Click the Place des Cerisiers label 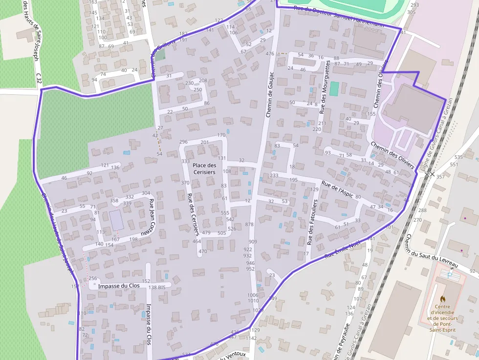click(x=204, y=169)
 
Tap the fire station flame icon click(x=443, y=297)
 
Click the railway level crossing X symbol click(x=430, y=173)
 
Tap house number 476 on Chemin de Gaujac click(x=270, y=54)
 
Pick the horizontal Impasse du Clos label click(x=119, y=286)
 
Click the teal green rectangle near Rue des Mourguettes click(x=334, y=89)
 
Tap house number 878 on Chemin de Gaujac click(x=249, y=224)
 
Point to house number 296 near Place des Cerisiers click(x=183, y=142)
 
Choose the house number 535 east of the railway click(x=458, y=157)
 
